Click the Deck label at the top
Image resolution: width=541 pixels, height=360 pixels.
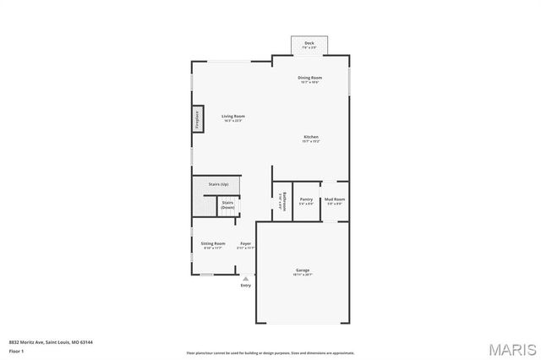click(309, 42)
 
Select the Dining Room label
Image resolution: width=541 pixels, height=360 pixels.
click(309, 78)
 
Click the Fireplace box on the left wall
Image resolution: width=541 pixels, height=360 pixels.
click(196, 117)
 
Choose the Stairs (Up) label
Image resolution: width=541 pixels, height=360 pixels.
click(219, 183)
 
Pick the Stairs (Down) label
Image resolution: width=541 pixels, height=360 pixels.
click(227, 205)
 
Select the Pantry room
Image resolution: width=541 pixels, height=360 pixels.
click(306, 200)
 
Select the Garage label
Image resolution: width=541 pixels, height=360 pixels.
click(303, 270)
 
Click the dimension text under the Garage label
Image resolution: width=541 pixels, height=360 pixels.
click(303, 275)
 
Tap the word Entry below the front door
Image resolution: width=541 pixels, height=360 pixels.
click(246, 285)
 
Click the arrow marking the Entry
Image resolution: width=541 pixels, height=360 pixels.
click(246, 278)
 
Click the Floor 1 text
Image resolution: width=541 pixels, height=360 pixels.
click(16, 351)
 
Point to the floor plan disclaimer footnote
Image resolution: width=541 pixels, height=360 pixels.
click(270, 352)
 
